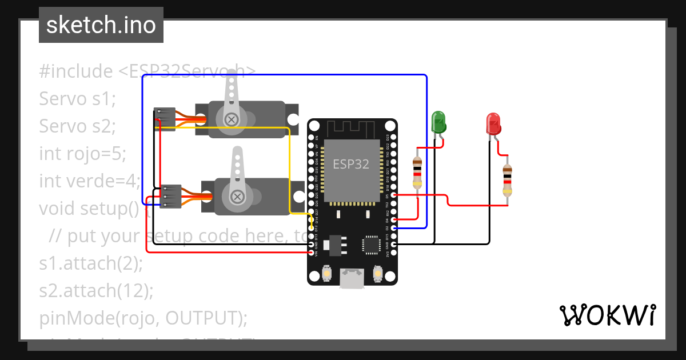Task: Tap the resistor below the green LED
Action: pos(418,173)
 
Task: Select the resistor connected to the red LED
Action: pos(507,180)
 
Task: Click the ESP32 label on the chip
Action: pos(351,164)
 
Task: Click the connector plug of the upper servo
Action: pos(165,119)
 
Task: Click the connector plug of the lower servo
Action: pos(170,197)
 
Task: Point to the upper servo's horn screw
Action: pos(232,119)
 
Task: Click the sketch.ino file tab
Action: pos(101,25)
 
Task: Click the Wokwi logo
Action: pos(607,315)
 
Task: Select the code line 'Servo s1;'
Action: pos(78,99)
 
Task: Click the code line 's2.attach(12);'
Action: pos(97,291)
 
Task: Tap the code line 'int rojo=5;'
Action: pos(82,154)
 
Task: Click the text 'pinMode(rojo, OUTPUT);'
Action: pos(143,318)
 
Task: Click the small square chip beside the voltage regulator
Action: pos(370,245)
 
